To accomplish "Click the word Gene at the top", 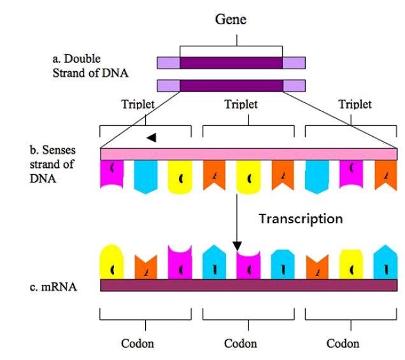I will [x=231, y=20].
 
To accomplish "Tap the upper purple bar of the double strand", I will [x=231, y=63].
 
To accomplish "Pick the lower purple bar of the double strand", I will [x=231, y=85].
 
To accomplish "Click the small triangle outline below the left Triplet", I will [x=151, y=137].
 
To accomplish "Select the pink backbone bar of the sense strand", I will [x=249, y=154].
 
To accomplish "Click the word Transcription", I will [x=301, y=219].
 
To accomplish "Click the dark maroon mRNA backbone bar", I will [x=249, y=286].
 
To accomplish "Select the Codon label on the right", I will [x=344, y=344].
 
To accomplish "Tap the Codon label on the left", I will [x=138, y=344].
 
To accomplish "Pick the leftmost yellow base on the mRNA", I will [x=112, y=263].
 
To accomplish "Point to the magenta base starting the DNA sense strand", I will [x=112, y=173].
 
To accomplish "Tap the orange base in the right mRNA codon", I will [x=317, y=267].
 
